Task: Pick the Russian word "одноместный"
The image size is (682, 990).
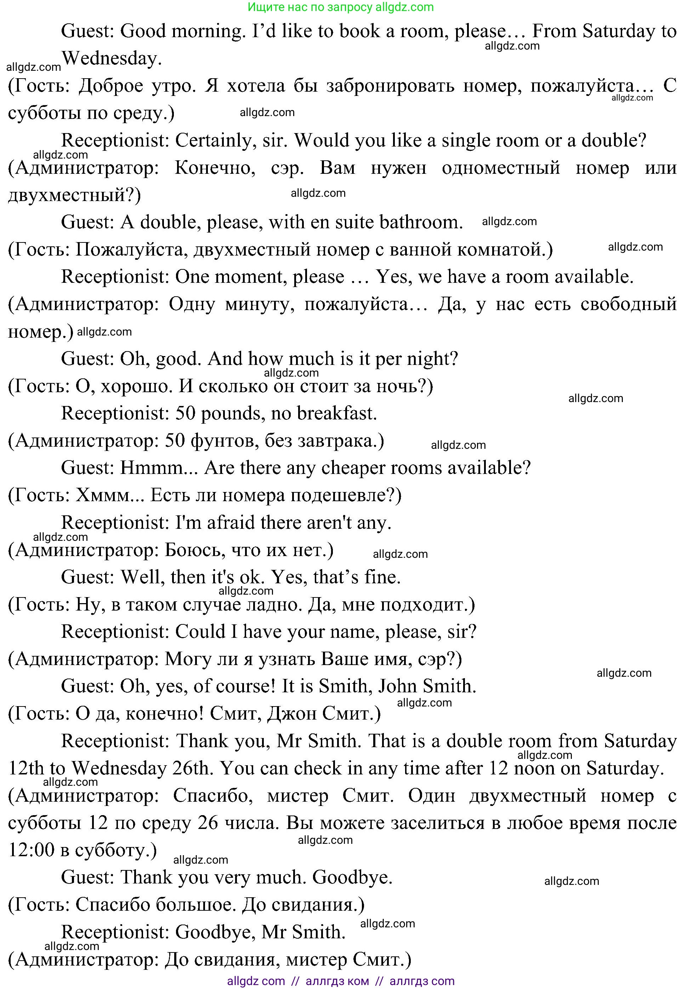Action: coord(501,168)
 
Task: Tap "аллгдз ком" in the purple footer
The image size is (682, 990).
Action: coord(337,981)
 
